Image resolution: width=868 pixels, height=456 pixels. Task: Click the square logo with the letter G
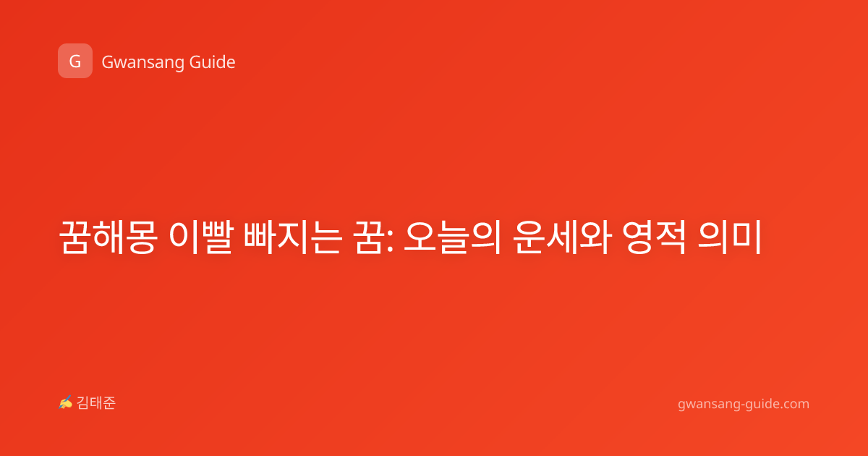75,61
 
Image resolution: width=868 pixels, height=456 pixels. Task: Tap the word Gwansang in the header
142,63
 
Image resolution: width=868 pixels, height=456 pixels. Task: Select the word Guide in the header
213,62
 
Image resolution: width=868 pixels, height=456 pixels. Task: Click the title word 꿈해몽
109,237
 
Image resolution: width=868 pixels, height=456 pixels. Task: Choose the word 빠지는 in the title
292,237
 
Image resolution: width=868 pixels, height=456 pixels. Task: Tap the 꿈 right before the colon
369,237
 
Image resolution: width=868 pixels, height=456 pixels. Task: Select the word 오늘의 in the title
453,237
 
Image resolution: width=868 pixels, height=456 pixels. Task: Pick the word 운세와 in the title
562,237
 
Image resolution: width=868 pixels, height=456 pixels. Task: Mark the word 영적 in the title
655,237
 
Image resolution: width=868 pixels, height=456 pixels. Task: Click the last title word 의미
730,237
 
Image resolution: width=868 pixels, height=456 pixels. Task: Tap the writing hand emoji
66,402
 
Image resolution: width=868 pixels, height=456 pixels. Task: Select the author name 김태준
96,403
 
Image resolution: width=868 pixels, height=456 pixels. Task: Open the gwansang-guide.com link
744,405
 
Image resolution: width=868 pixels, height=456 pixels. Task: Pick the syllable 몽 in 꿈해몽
142,237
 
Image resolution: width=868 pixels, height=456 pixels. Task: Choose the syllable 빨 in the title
218,237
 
